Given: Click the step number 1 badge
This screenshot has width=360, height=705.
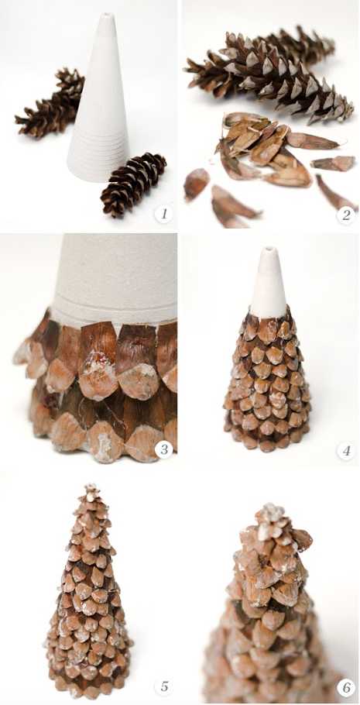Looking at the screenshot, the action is coord(164,214).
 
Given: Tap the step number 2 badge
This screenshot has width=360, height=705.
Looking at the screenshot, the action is coord(345,215).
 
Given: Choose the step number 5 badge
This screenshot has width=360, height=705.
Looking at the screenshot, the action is coord(163,686).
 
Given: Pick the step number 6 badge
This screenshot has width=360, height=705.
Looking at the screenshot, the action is coord(346,688).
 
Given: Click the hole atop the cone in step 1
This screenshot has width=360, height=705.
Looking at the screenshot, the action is coord(106,15).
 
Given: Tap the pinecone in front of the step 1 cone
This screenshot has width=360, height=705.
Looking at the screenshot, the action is coord(132,184).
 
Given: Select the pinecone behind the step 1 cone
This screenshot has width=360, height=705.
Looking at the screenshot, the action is coord(50,102).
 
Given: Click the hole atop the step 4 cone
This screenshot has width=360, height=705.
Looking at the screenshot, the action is coord(269,249).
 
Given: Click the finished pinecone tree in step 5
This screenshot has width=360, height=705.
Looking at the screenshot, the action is coord(90,591).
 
